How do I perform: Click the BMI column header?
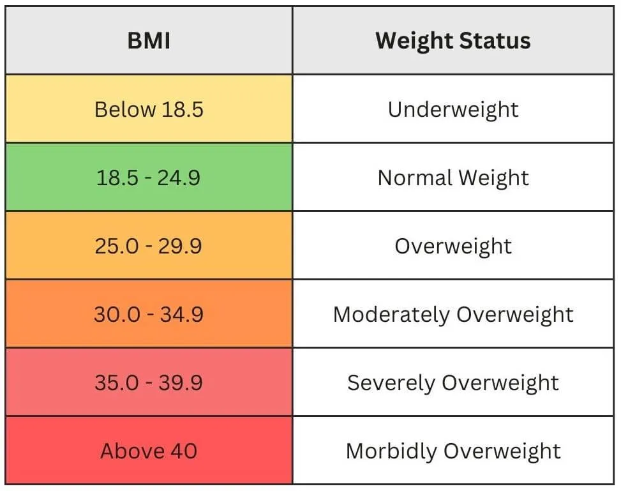coord(149,41)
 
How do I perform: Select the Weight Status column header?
coord(453,41)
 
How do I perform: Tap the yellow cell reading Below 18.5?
coord(149,109)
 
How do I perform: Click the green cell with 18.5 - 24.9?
coord(149,178)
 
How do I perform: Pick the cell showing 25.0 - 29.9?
coord(149,246)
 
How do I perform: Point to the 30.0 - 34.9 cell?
coord(149,314)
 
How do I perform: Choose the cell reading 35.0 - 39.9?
coord(149,382)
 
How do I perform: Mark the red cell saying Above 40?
coord(149,451)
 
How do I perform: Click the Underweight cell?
coord(453,109)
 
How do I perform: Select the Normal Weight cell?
coord(453,178)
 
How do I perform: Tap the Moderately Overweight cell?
coord(453,314)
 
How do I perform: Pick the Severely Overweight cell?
coord(453,382)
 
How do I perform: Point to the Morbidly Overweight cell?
coord(453,451)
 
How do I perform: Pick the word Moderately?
coord(391,315)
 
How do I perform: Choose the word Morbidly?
coord(391,451)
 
